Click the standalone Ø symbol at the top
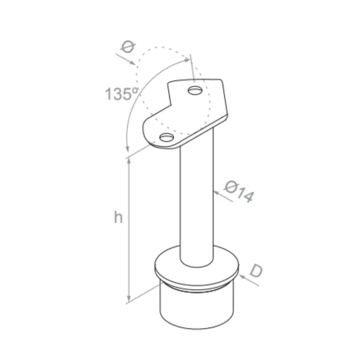point(128,47)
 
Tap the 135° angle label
point(121,94)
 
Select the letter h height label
point(118,217)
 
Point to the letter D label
point(255,271)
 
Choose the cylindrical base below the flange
point(196,310)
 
